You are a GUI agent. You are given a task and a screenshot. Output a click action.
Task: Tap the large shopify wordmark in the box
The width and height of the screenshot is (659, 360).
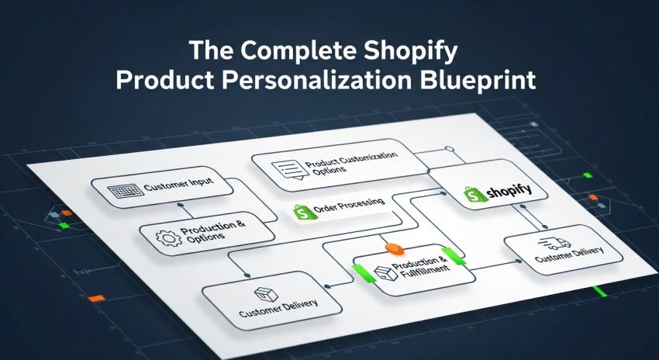(x=508, y=193)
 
